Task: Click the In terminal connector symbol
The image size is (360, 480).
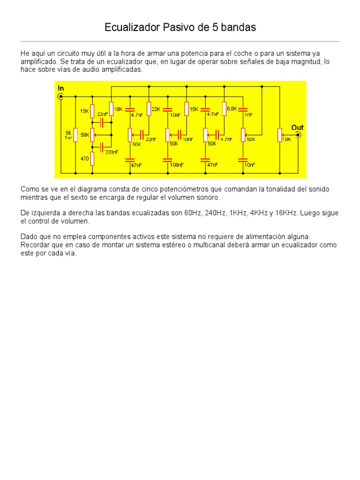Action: coord(60,97)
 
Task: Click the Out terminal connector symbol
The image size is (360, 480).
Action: coord(298,135)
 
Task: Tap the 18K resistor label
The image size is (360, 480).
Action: coord(118,109)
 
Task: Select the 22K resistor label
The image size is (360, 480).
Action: coord(156,109)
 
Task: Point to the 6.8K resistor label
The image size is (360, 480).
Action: coord(231,109)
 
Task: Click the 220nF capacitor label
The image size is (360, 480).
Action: coord(112,152)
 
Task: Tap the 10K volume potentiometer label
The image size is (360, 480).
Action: coord(286,140)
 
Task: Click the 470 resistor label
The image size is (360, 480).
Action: coord(85,159)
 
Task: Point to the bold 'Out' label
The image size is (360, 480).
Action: coord(297,127)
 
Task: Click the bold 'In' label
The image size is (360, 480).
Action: coord(60,88)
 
